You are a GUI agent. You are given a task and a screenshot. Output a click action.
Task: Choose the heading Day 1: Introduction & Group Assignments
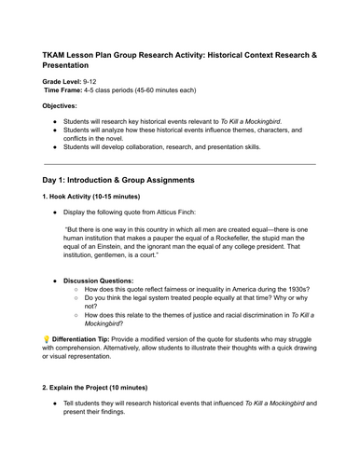[x=130, y=177]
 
